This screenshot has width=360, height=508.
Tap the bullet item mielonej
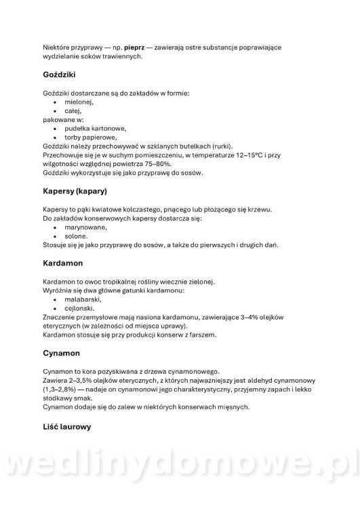coord(79,101)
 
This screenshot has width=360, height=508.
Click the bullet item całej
coord(74,110)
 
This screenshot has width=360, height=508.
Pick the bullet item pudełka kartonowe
coord(96,128)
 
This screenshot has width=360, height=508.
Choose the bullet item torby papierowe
coord(92,137)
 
